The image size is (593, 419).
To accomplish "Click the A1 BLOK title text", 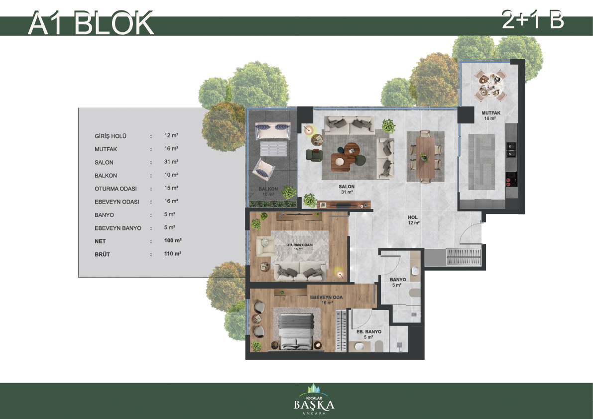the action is [x=91, y=23].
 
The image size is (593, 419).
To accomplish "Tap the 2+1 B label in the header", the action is [x=533, y=19].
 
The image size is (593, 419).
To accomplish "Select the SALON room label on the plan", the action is [x=347, y=187].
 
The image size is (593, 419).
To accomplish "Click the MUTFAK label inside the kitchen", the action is [x=491, y=113].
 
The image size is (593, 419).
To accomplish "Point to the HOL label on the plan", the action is [x=413, y=217].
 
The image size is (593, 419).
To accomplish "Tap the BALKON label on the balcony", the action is [x=268, y=189].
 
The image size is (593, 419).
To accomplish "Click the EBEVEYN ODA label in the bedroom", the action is [x=327, y=298].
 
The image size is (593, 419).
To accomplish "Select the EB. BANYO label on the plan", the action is [x=369, y=332].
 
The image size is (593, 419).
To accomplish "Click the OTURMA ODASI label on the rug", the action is [x=299, y=245].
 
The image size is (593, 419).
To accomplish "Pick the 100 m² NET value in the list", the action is [x=173, y=241].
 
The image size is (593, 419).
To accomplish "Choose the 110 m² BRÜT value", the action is [x=172, y=254].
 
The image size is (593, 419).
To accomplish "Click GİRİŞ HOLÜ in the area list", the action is [x=111, y=136].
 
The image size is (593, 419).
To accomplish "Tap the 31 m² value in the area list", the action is [x=171, y=162].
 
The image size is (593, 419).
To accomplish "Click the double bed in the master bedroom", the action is [x=296, y=331].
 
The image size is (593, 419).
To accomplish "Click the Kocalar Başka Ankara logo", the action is [x=314, y=400].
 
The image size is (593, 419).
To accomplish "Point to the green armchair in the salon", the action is [x=314, y=155].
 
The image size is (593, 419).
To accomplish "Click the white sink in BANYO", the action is [x=415, y=270].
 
